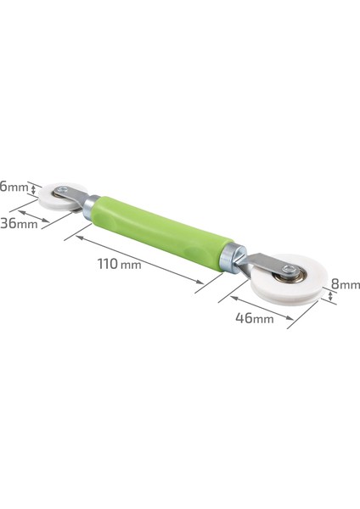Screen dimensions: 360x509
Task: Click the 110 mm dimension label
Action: (x=119, y=264)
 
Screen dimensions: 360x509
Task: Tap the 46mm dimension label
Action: (x=255, y=318)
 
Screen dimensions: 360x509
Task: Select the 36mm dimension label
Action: (x=19, y=224)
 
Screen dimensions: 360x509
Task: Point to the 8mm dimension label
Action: (x=346, y=284)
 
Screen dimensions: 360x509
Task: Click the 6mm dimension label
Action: (x=14, y=187)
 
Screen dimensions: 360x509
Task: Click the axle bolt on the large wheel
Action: (x=288, y=269)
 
